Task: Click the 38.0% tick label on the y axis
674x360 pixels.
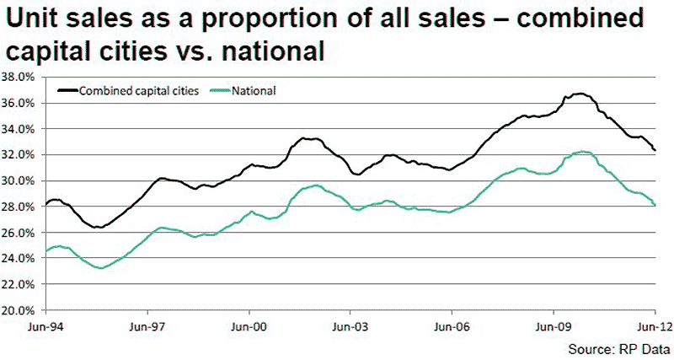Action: point(18,78)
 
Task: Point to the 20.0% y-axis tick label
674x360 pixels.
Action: point(18,310)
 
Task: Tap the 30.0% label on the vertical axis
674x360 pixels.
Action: point(18,180)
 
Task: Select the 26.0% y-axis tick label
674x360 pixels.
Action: point(18,233)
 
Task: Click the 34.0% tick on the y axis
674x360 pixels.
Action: point(18,129)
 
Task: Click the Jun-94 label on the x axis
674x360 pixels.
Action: point(45,327)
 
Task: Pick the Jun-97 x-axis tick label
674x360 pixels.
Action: point(147,327)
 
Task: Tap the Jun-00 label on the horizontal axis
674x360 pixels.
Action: point(249,327)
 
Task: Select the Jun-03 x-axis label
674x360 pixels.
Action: point(350,327)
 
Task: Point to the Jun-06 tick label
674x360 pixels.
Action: point(452,327)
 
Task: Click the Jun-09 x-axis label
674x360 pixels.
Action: point(554,327)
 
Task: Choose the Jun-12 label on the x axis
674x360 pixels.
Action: point(654,327)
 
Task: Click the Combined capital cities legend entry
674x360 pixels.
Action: point(128,91)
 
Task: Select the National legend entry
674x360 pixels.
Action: point(243,91)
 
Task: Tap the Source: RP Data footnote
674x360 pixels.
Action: point(619,349)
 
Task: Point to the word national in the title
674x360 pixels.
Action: point(273,51)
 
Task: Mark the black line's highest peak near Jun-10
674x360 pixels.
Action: point(580,94)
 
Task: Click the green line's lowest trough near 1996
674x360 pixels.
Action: point(101,268)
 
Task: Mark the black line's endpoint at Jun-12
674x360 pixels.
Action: point(655,150)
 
